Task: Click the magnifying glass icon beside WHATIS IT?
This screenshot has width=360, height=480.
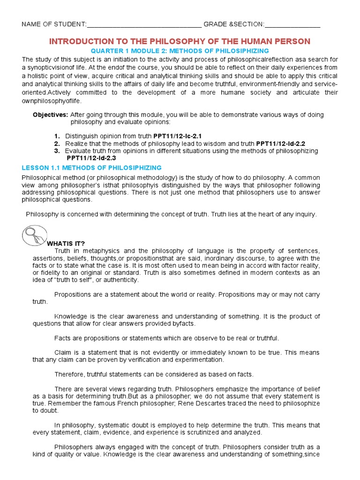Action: coord(35,235)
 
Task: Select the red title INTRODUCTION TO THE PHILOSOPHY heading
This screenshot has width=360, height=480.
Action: coord(180,41)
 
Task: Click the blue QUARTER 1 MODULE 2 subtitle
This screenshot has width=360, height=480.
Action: coord(180,51)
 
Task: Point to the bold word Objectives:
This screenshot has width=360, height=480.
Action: coord(50,115)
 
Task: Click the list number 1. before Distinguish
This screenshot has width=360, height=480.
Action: coord(57,136)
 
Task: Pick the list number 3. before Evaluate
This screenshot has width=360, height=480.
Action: coord(57,151)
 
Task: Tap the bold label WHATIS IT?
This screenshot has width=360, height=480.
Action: coord(66,243)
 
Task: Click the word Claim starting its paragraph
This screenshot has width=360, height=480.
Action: coord(63,352)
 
